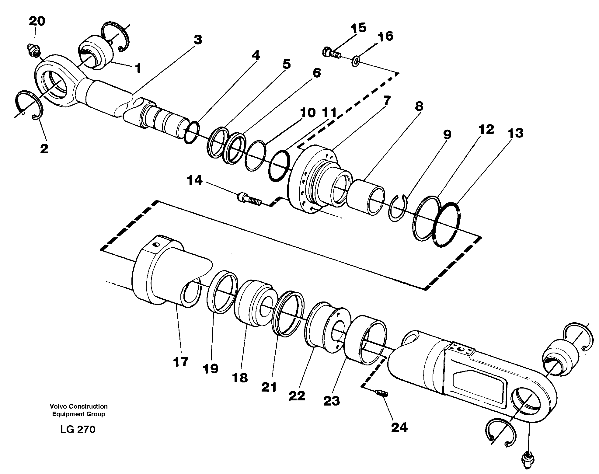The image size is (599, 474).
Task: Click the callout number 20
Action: pos(37,21)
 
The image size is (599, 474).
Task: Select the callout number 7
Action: pos(387,101)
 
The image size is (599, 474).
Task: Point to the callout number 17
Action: pos(181,362)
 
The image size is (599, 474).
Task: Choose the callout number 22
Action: pos(297,396)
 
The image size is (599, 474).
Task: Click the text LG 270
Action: pos(78,429)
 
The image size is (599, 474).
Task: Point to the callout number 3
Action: pos(198,40)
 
